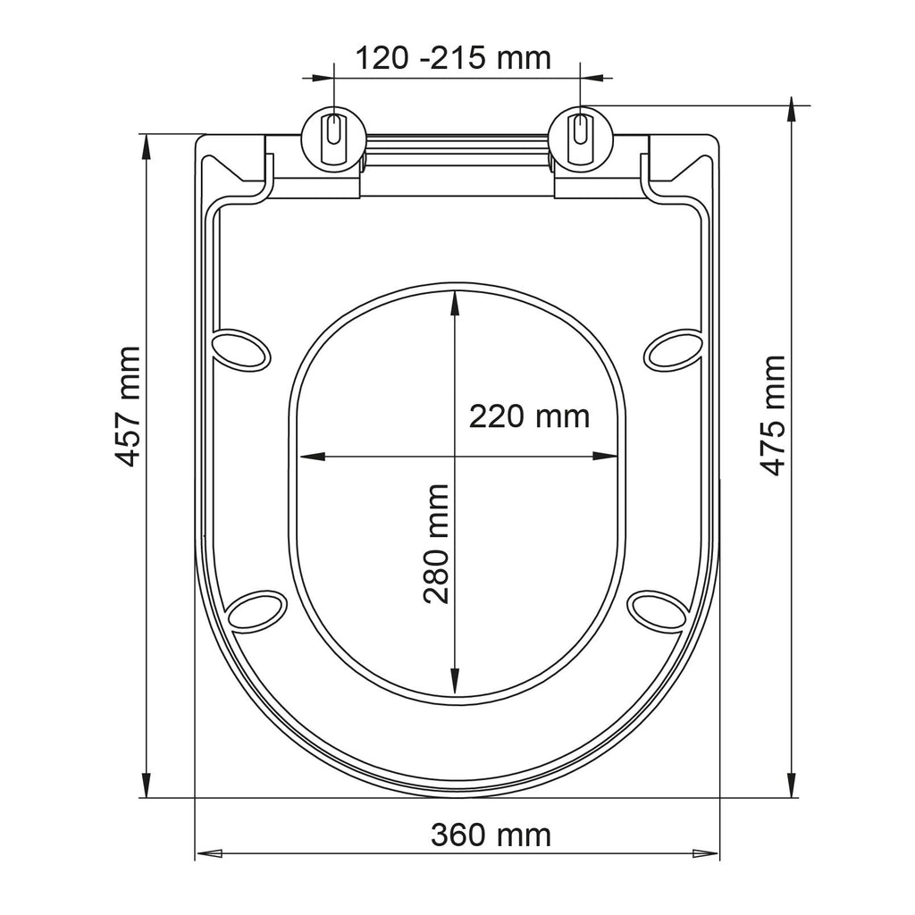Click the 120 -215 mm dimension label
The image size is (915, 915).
pyautogui.click(x=453, y=58)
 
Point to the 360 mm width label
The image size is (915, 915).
pyautogui.click(x=491, y=835)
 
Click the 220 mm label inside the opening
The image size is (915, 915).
pyautogui.click(x=529, y=416)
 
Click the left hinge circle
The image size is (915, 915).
pyautogui.click(x=334, y=139)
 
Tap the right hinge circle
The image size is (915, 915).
pyautogui.click(x=580, y=139)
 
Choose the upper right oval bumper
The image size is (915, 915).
pyautogui.click(x=673, y=349)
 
